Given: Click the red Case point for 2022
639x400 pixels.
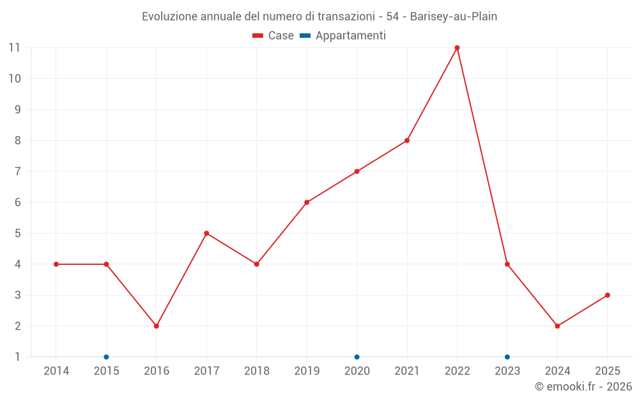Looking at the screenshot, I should click(457, 48).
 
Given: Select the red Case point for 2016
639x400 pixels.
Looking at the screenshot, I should click(157, 326).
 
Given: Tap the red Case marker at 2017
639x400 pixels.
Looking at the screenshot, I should click(206, 234).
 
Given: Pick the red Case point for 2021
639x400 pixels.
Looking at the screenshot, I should click(407, 141).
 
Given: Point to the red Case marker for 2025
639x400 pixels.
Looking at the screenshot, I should click(607, 295).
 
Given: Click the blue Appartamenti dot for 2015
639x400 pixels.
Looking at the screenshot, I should click(106, 357).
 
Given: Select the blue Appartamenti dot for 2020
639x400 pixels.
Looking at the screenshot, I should click(357, 357).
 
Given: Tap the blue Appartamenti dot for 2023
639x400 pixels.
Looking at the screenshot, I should click(507, 357).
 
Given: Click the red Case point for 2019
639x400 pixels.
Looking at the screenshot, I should click(307, 202).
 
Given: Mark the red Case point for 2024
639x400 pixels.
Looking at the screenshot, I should click(557, 326).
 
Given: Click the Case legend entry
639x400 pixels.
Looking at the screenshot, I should click(273, 36).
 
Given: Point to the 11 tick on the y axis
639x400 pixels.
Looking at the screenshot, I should click(14, 48).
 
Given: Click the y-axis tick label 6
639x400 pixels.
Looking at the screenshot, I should click(18, 202).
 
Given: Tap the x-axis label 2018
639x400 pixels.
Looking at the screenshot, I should click(256, 371).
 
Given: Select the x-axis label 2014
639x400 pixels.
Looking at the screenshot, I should click(56, 371).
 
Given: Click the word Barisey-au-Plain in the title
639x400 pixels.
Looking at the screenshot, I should click(453, 17).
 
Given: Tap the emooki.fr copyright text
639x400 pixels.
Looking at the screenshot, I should click(583, 387).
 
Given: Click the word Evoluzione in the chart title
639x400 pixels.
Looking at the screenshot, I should click(169, 17).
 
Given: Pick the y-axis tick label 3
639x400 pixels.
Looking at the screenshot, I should click(18, 295).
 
